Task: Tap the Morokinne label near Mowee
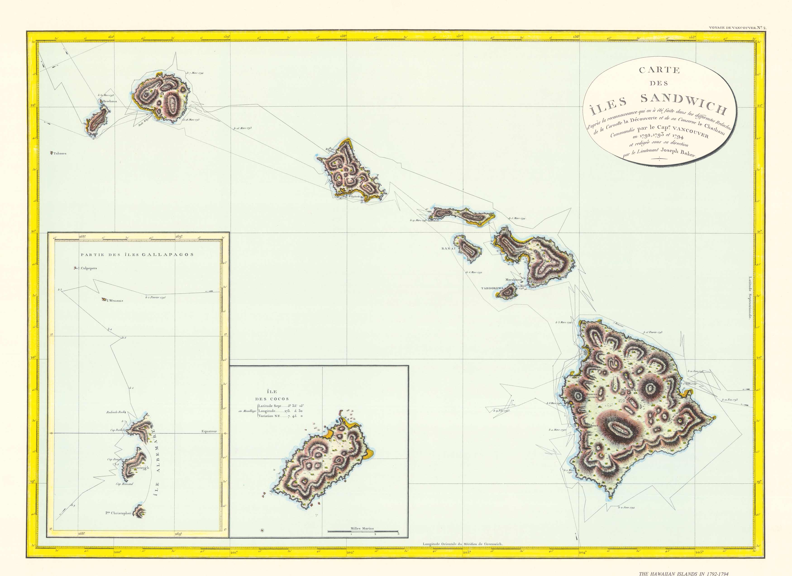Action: coord(514,280)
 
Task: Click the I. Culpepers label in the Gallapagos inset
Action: coord(87,268)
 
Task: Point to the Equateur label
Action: coord(209,431)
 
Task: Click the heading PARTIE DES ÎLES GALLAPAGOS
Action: coord(137,255)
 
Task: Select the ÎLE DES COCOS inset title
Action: coord(272,395)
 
